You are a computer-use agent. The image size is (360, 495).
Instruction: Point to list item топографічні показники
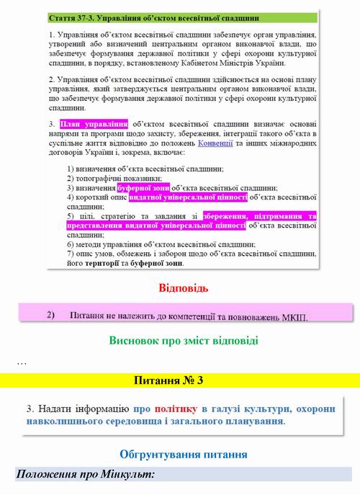[x=118, y=177]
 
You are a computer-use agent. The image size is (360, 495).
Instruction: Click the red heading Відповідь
[x=183, y=289]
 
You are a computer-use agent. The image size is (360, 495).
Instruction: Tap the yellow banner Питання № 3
[x=179, y=380]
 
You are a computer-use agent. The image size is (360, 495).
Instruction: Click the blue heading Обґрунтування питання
[x=184, y=455]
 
